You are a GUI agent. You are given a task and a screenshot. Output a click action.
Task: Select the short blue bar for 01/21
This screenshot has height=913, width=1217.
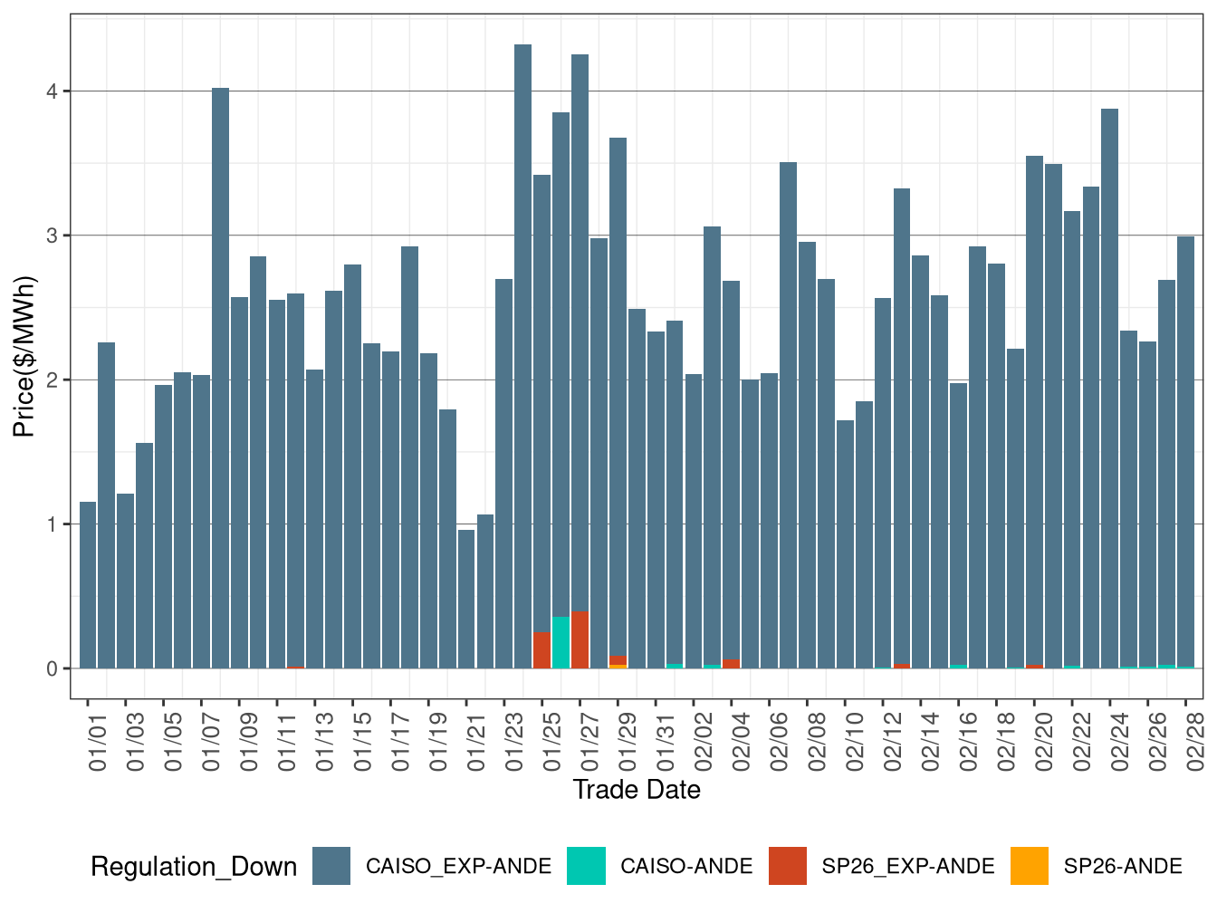466,598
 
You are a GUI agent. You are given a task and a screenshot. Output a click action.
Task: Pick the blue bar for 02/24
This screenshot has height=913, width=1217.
1109,389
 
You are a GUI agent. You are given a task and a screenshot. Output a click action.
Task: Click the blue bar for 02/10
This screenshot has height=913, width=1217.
845,543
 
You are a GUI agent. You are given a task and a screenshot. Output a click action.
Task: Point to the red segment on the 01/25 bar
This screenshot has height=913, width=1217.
541,650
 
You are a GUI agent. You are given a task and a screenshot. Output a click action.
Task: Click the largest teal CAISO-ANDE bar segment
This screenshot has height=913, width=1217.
561,642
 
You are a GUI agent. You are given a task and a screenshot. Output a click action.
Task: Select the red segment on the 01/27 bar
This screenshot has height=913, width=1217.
580,640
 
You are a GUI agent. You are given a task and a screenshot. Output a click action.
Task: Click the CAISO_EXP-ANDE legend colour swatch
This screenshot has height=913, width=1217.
331,866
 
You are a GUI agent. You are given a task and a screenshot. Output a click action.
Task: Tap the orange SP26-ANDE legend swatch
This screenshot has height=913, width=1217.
1029,866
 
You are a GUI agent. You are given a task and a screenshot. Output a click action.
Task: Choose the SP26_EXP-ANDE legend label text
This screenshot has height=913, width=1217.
907,867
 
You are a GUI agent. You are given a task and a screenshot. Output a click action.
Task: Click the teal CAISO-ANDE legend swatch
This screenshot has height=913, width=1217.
586,866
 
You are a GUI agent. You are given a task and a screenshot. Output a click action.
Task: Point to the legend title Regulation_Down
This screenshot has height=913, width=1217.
194,867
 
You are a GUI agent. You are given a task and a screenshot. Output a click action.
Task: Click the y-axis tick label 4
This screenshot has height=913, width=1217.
53,91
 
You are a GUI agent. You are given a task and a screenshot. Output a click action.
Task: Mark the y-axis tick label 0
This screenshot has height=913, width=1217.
53,669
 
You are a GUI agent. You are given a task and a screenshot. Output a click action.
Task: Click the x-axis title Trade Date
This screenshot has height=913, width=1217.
637,790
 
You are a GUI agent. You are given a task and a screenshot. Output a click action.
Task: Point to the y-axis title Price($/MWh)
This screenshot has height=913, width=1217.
24,356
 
